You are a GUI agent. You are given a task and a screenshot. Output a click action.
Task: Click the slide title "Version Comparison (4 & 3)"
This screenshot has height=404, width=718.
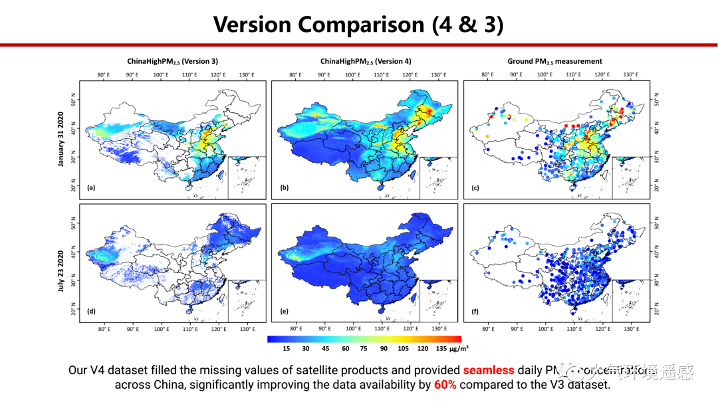pyautogui.click(x=358, y=24)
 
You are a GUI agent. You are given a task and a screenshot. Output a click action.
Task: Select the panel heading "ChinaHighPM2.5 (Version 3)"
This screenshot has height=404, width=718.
pyautogui.click(x=172, y=61)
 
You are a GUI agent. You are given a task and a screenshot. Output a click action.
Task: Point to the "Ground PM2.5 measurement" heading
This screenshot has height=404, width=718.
pyautogui.click(x=554, y=61)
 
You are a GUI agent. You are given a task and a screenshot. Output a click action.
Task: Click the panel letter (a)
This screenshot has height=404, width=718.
pyautogui.click(x=91, y=188)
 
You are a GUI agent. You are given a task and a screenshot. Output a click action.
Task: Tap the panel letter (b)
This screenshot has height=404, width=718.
pyautogui.click(x=284, y=188)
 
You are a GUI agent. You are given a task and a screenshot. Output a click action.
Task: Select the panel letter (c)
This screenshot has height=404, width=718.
pyautogui.click(x=475, y=188)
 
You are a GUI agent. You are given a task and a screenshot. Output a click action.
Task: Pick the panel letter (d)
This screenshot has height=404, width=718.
pyautogui.click(x=91, y=312)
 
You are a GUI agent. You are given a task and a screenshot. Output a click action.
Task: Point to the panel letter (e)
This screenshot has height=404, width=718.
pyautogui.click(x=284, y=312)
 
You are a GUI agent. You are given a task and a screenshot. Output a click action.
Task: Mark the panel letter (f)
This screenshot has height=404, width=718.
pyautogui.click(x=475, y=312)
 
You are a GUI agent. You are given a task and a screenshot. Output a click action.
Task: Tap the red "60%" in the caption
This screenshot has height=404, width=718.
pyautogui.click(x=445, y=385)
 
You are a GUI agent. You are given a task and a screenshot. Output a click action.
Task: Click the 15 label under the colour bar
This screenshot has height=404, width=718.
pyautogui.click(x=286, y=348)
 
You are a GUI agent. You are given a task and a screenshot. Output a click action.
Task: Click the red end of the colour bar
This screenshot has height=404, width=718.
pyautogui.click(x=457, y=338)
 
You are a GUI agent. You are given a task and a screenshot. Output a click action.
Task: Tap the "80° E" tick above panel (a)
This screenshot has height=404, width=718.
pyautogui.click(x=103, y=75)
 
